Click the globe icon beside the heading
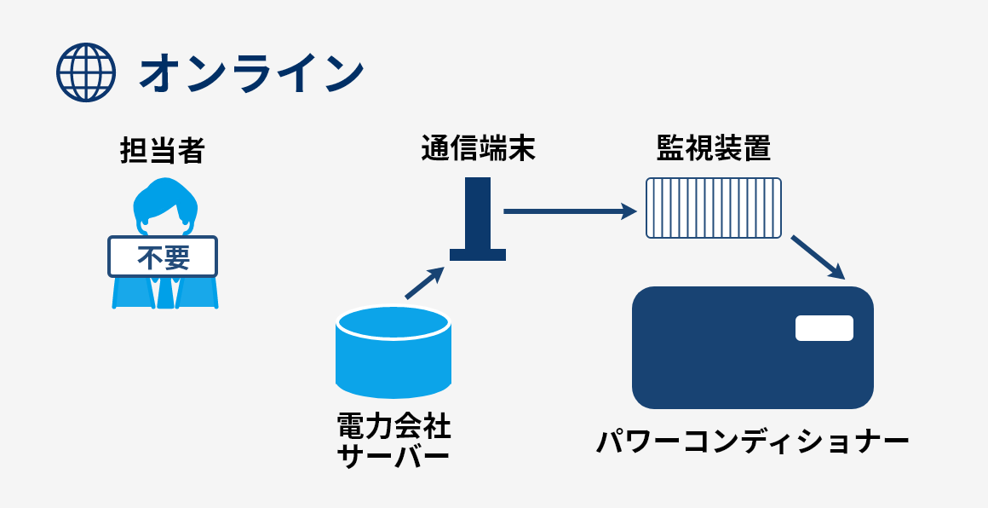click(x=85, y=72)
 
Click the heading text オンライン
click(x=251, y=72)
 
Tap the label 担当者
click(x=162, y=151)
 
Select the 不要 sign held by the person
click(x=163, y=257)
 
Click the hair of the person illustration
click(x=164, y=194)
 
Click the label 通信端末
click(x=478, y=149)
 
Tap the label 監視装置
click(x=714, y=149)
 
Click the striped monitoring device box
click(x=714, y=207)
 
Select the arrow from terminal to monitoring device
click(x=569, y=211)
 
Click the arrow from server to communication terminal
click(x=424, y=283)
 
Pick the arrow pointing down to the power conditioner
click(x=817, y=257)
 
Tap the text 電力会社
click(x=393, y=426)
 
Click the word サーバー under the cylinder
click(x=393, y=457)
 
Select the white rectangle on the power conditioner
click(x=824, y=328)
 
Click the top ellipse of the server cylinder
click(x=393, y=322)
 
